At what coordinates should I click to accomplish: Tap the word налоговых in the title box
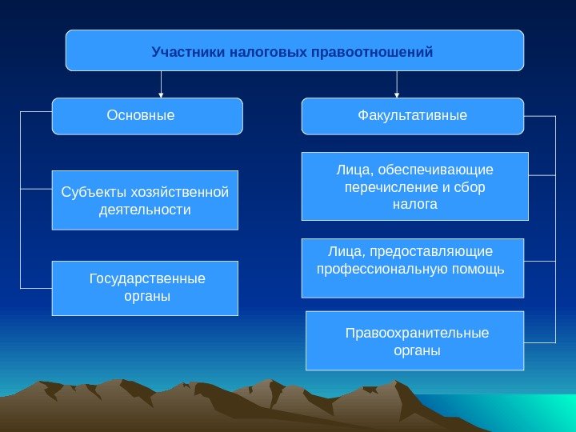coord(262,53)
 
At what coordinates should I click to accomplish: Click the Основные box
coord(147,116)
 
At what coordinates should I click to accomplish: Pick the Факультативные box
coord(412,116)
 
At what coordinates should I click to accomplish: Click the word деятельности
coord(145,210)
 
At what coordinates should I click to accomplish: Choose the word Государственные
coord(147,279)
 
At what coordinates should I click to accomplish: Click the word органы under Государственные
coord(144,296)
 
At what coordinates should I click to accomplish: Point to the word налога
coord(414,205)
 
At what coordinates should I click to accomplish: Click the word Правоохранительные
coord(417,333)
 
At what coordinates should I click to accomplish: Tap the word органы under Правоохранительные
coord(417,350)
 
